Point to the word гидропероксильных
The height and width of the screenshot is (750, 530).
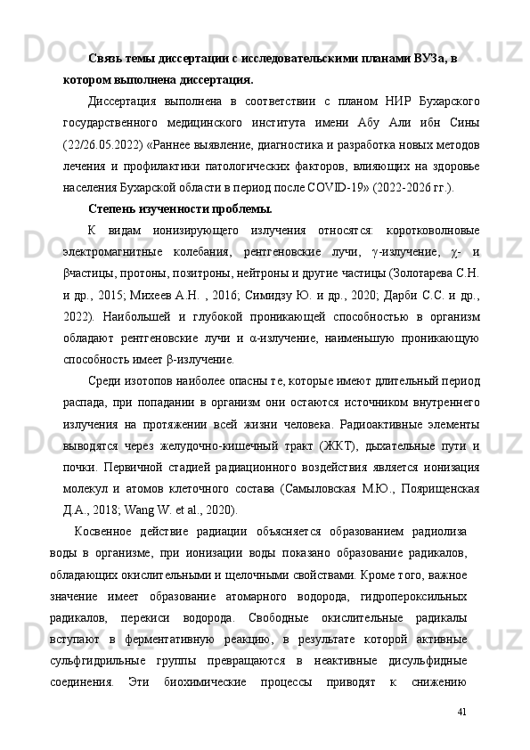(x=415, y=596)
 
